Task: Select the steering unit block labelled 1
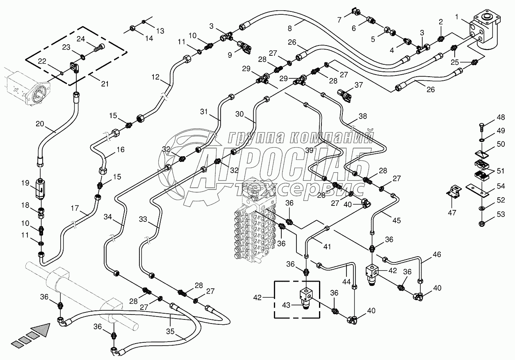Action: (x=485, y=31)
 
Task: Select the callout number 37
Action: (x=359, y=85)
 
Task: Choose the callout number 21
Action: (x=105, y=84)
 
